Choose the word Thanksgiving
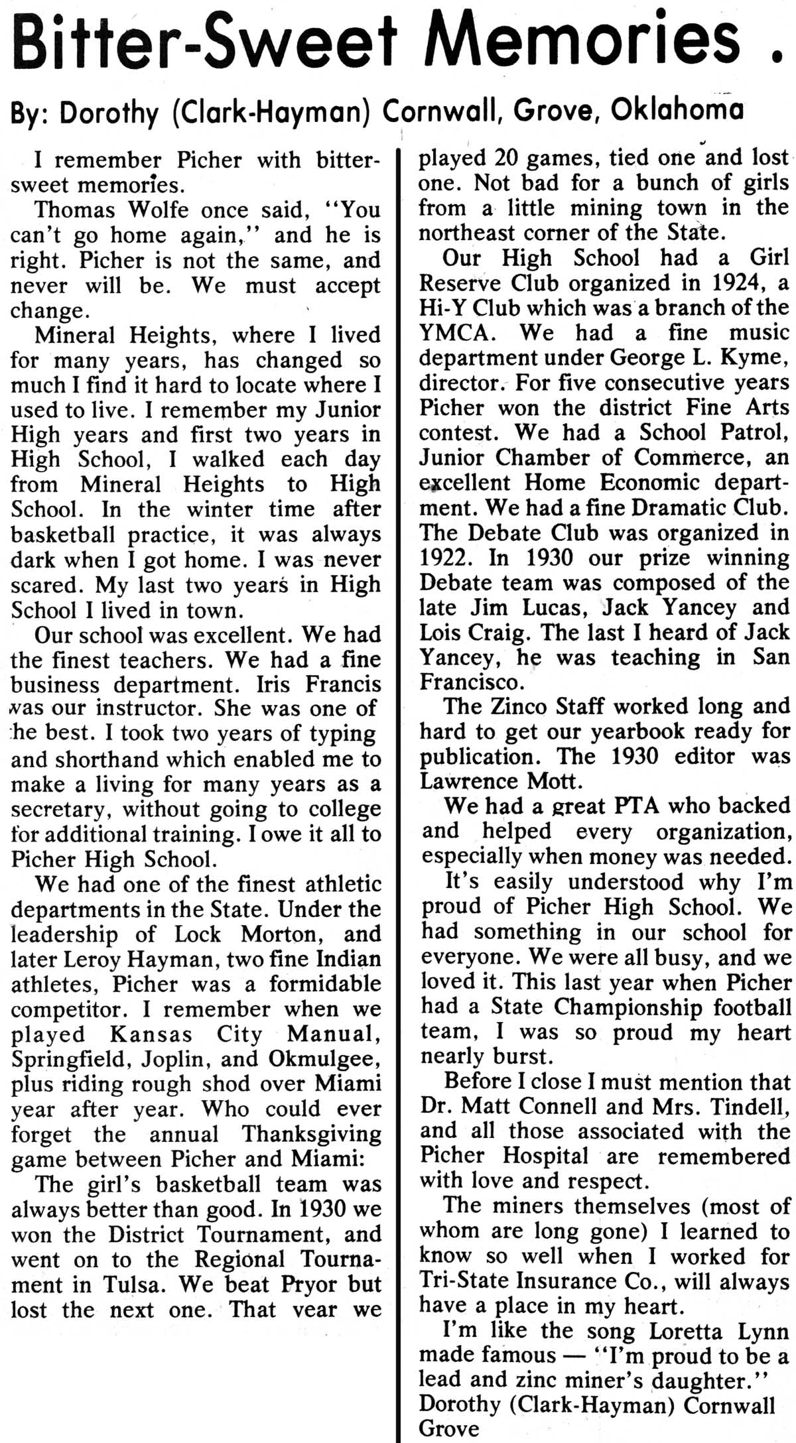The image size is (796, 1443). pyautogui.click(x=310, y=1135)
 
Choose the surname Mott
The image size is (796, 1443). pyautogui.click(x=556, y=782)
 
